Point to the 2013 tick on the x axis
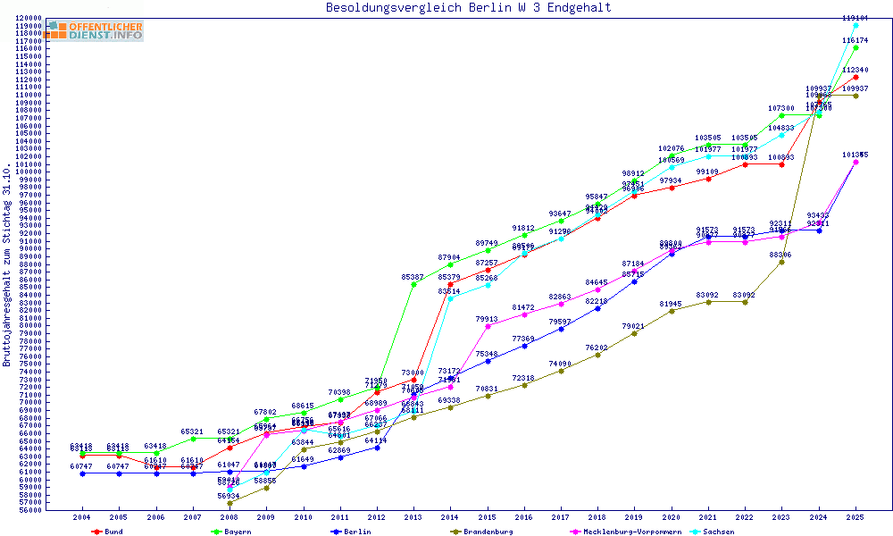point(413,517)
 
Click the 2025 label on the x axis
point(855,517)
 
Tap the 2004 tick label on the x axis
point(81,517)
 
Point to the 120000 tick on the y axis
point(28,18)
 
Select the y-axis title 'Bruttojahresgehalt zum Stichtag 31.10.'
point(7,264)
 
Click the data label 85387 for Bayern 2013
point(413,277)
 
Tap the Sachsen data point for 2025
point(855,25)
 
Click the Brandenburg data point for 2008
point(230,503)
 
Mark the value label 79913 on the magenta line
point(487,319)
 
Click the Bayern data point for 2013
point(413,284)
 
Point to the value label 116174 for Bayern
point(855,40)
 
